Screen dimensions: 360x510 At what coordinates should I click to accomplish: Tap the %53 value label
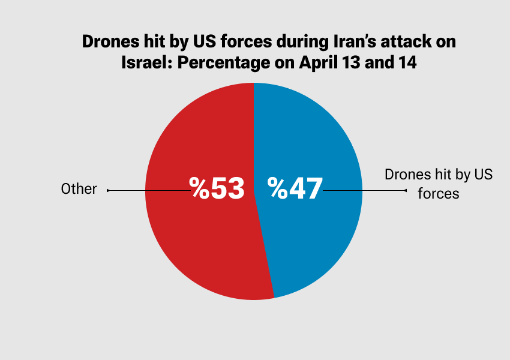[x=217, y=188]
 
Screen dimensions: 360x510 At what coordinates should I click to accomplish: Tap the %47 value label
[x=295, y=188]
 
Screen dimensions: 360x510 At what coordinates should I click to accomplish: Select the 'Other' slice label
[x=79, y=189]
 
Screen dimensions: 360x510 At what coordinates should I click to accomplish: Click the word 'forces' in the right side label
[x=439, y=194]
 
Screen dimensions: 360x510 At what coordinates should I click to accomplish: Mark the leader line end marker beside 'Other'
[x=108, y=190]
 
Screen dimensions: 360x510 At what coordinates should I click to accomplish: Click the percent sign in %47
[x=277, y=188]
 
